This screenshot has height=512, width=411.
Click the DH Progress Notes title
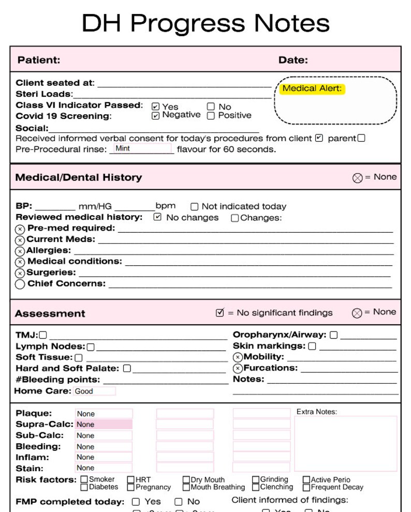pos(205,23)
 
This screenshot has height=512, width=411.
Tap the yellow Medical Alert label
pos(312,88)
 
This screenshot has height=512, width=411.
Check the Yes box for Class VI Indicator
pos(155,107)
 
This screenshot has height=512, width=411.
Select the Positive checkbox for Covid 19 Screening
pos(211,116)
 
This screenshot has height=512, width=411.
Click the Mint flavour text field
pos(142,148)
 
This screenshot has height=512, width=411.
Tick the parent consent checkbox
pos(361,138)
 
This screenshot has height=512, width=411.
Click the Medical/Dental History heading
pos(78,177)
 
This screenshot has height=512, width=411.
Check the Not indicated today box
pos(195,206)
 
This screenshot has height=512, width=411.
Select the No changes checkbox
pos(158,217)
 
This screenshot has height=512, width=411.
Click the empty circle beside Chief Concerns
pos(20,284)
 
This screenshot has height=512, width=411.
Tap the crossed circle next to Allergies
pos(20,251)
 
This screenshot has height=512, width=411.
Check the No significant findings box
pos(220,312)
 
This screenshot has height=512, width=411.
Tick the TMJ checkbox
pos(43,335)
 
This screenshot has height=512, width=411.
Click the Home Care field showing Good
pos(94,391)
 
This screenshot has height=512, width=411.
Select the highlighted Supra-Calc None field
pos(104,425)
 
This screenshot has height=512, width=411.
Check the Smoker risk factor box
pos(84,479)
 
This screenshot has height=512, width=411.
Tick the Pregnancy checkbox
pos(131,487)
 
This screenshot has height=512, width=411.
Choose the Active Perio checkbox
pos(306,480)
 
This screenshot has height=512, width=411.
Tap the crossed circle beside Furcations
pos(238,369)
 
